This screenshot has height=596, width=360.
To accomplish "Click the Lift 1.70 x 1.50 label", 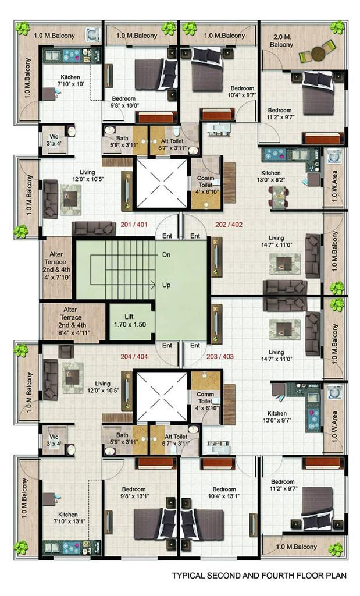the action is click(130, 321).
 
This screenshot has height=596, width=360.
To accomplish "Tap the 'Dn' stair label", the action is click(166, 255).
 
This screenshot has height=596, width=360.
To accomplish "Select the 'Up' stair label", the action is click(166, 285).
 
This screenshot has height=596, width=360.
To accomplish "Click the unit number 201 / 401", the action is click(134, 225).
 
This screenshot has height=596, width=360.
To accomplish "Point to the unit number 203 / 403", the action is click(220, 357).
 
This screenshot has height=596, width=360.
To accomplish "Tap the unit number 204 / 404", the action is click(134, 357).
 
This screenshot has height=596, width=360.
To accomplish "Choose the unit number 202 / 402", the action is click(229, 225).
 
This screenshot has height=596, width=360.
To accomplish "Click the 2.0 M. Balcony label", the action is click(281, 41).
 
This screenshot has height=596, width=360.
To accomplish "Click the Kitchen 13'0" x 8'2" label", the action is click(271, 176).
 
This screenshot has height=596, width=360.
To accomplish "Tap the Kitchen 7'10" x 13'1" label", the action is click(69, 517).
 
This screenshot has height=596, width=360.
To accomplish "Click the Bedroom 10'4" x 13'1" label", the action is click(224, 492).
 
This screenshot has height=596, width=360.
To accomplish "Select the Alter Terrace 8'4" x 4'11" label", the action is click(70, 321).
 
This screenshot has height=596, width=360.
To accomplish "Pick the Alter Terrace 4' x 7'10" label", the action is click(56, 265).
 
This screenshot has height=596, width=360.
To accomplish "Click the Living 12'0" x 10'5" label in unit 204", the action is click(102, 387).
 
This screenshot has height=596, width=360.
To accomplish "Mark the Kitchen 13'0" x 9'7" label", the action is click(277, 417).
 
